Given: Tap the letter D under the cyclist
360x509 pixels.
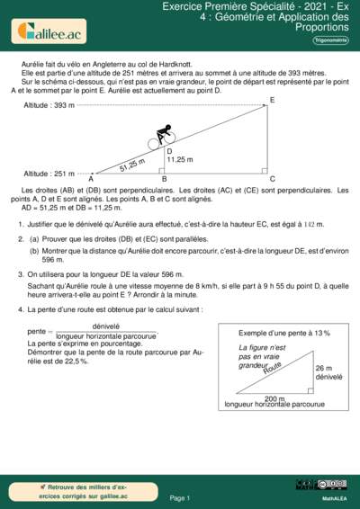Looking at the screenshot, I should (x=169, y=151).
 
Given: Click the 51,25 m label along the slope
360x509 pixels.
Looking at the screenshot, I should (x=131, y=165).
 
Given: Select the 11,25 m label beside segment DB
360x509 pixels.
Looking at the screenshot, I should (x=180, y=159).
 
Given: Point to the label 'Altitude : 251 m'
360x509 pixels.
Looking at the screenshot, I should (x=50, y=173).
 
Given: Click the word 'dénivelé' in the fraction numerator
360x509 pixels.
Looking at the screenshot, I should (x=107, y=326).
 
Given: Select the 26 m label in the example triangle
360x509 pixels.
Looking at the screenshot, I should (x=324, y=369).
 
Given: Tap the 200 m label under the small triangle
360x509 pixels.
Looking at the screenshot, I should (x=274, y=397).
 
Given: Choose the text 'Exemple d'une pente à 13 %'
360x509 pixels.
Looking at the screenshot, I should (x=284, y=333).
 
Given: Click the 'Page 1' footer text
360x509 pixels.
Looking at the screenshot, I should (x=180, y=497).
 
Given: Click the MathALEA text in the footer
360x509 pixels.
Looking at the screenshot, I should (x=335, y=497).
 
